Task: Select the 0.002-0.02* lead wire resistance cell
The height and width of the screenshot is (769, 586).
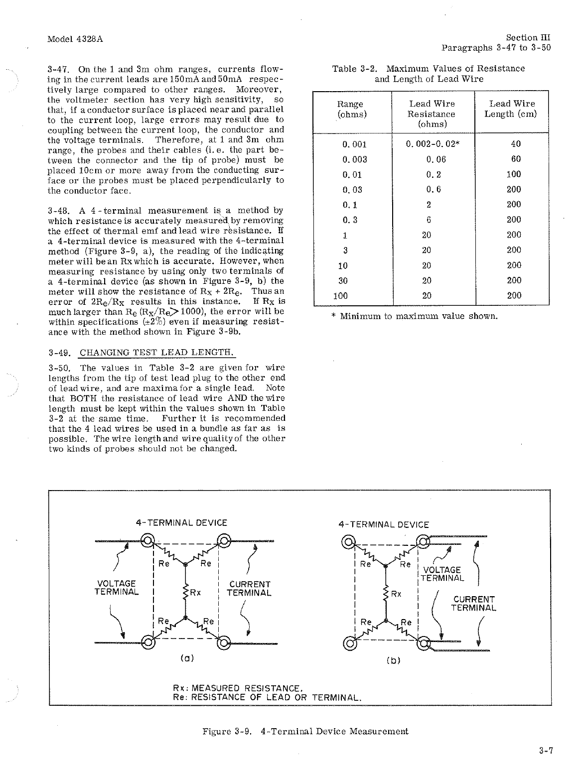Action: [x=433, y=144]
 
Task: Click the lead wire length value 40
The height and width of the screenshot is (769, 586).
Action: [x=516, y=144]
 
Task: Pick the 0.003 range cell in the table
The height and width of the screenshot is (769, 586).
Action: [x=355, y=159]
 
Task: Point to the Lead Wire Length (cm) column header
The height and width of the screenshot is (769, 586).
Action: [x=512, y=109]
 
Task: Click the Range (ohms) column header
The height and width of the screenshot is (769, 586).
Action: [x=350, y=109]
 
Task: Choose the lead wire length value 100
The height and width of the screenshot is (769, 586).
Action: [x=513, y=174]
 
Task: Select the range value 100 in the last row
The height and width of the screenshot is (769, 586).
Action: [x=341, y=296]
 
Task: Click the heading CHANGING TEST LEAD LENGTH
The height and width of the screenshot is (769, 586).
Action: [x=156, y=353]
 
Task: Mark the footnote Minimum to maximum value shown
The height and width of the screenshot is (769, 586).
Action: [x=414, y=316]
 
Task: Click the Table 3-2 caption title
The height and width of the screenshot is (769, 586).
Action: [x=429, y=73]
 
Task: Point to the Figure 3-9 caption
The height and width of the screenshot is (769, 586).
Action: [x=305, y=731]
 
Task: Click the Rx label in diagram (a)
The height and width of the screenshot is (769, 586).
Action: [x=195, y=593]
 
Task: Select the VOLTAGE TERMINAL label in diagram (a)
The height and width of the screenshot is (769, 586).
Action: [x=117, y=588]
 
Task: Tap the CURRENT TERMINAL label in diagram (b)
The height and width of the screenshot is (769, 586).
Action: [x=474, y=604]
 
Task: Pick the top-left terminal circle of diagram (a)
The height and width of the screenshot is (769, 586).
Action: [x=147, y=541]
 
